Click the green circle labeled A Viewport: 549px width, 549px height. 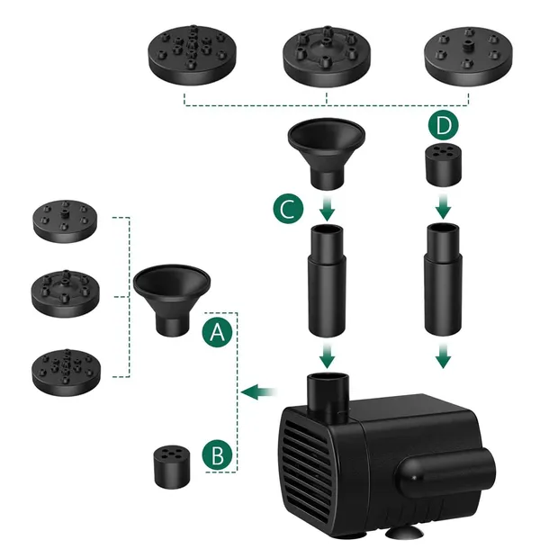pos(217,332)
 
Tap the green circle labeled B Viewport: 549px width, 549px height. pos(217,455)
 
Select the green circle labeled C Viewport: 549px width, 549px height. pos(288,209)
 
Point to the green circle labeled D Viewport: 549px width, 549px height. pos(444,125)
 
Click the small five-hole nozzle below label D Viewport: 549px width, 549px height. pos(444,166)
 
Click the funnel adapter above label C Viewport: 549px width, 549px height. pos(327,154)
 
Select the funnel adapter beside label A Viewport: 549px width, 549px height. pos(172,301)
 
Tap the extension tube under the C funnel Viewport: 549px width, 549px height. pos(327,281)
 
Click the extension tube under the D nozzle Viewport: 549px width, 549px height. pos(444,280)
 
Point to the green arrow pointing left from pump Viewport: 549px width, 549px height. pos(259,391)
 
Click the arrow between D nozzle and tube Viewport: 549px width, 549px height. pos(444,207)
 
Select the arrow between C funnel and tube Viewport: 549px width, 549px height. pos(327,209)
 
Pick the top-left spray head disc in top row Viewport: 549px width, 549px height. pos(193,55)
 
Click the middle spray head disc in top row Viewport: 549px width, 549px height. pos(327,56)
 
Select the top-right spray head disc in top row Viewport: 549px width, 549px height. pos(469,56)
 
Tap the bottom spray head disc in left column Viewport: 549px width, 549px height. pos(67,373)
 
